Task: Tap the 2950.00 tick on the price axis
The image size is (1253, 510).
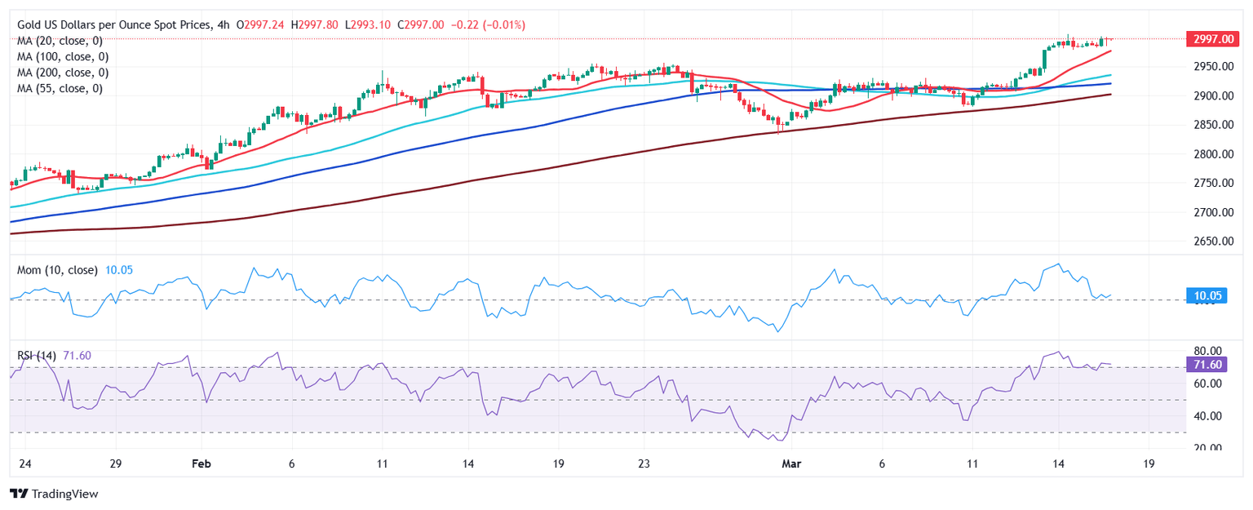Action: pyautogui.click(x=1211, y=66)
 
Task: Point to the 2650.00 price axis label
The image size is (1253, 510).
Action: pyautogui.click(x=1211, y=242)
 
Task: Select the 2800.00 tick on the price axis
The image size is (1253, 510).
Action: pyautogui.click(x=1211, y=154)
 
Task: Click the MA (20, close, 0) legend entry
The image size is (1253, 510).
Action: pyautogui.click(x=62, y=41)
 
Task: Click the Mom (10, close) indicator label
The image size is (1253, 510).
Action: pyautogui.click(x=56, y=270)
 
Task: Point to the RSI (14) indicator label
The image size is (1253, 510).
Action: pyautogui.click(x=37, y=355)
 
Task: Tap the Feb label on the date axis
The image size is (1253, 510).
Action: pyautogui.click(x=201, y=463)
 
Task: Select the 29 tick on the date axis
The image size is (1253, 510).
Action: pyautogui.click(x=115, y=463)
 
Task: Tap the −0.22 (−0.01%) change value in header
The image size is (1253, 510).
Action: pyautogui.click(x=499, y=25)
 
